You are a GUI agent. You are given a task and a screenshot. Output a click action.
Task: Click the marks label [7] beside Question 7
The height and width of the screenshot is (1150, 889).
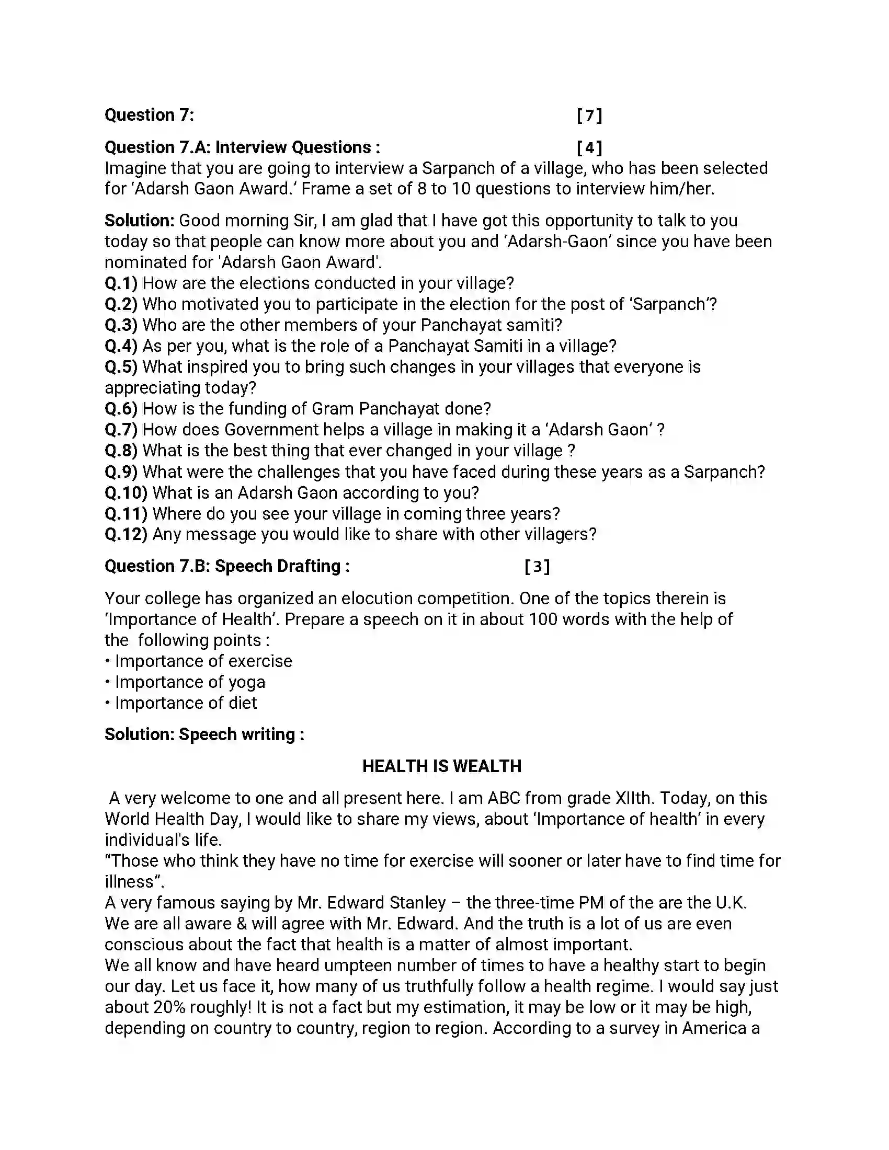(589, 116)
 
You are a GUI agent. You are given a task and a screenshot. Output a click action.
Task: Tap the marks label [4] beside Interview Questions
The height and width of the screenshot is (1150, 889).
(589, 147)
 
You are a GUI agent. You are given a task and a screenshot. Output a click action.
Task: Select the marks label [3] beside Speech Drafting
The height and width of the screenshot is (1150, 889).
(537, 567)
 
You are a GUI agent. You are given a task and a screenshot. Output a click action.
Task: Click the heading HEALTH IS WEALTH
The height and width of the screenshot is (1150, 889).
(441, 766)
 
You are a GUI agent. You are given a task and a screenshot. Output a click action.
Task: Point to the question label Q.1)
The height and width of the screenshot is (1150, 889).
(121, 283)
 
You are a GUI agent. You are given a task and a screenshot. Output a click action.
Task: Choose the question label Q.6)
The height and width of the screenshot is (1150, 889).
(121, 409)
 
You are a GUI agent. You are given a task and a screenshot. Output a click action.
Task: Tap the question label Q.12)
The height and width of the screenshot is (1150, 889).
(126, 534)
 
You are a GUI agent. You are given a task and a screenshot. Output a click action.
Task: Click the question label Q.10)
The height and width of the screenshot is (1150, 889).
(126, 493)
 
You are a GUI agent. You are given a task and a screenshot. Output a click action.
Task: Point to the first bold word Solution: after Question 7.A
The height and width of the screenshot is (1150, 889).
(139, 221)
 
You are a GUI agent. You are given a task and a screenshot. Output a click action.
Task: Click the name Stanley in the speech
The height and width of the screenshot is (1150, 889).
(417, 903)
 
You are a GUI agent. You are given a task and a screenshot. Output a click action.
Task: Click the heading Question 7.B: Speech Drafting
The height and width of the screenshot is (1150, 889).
(226, 567)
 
